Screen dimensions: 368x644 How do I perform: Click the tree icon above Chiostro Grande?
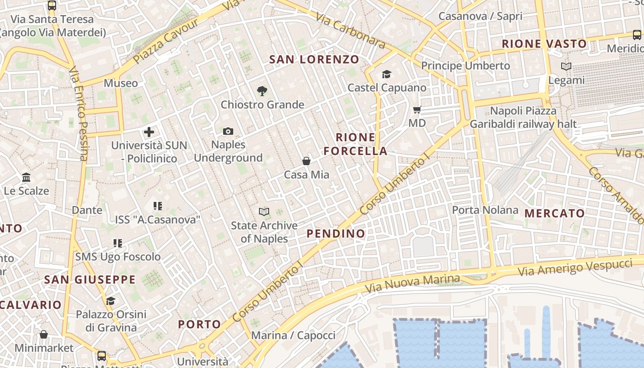pos(262,91)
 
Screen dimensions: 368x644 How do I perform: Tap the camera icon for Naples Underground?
pos(228,132)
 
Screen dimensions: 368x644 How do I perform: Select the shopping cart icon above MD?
pos(417,109)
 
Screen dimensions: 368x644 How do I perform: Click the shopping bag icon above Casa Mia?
pos(306,161)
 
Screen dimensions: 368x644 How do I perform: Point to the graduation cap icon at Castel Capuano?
pos(386,74)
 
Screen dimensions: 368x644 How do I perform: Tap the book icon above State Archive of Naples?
pos(264,212)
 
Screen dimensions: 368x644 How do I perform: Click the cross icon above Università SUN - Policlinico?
pos(149,132)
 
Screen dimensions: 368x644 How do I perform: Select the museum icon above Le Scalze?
pos(26,177)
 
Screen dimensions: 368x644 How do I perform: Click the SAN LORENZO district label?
pos(314,59)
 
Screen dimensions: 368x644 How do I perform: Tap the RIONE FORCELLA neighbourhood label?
pos(356,144)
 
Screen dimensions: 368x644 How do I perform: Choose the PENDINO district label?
pos(336,234)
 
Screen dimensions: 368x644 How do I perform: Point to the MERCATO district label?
pos(554,213)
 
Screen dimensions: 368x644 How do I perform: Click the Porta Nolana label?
pos(485,210)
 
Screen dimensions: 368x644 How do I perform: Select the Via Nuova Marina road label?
pos(412,284)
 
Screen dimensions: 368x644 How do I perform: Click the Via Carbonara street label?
pos(351,30)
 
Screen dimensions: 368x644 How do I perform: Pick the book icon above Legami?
pos(566,67)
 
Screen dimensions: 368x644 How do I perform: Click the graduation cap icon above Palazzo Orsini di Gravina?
pos(110,301)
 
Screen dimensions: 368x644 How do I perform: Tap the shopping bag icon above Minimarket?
pos(43,334)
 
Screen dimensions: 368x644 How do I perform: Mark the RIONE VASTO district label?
pos(544,44)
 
